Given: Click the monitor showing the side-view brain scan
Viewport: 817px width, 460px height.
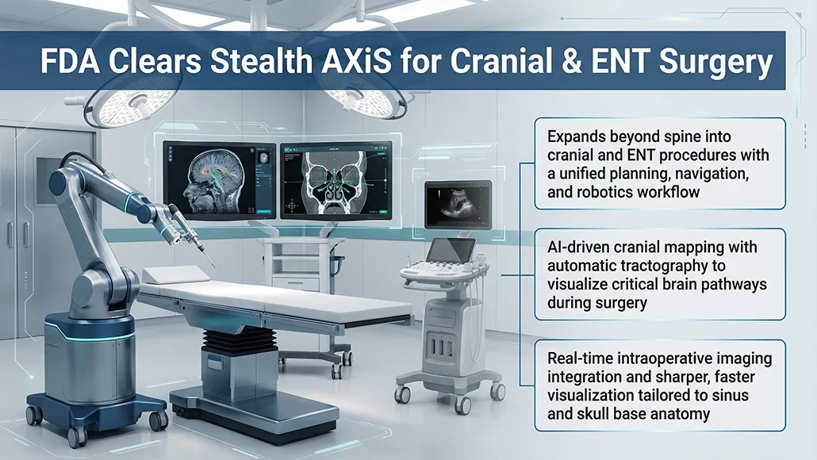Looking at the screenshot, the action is pos(220,181).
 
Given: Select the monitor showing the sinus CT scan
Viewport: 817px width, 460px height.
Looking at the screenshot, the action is pos(336,181).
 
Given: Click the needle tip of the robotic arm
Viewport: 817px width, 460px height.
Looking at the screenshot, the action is pos(213,267).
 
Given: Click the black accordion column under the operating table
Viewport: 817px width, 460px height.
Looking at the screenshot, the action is pos(239,340).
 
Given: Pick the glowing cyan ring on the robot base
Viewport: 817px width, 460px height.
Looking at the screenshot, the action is pos(90,332).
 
